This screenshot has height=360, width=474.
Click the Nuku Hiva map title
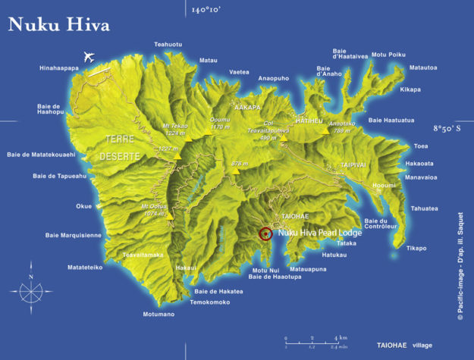coord(59,24)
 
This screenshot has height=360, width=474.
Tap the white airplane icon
coord(89,57)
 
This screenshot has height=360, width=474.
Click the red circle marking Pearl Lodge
coord(265,233)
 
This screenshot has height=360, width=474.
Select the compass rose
coord(30,288)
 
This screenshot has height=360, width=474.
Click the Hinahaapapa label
coord(59,68)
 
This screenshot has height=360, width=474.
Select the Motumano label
coord(159,314)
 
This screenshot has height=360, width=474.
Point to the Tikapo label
coord(416,248)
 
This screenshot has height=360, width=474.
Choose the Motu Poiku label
coord(388,55)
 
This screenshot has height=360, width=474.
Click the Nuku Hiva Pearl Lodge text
coord(319,233)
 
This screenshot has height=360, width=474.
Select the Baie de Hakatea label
coord(218,291)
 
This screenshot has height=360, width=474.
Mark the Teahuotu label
coord(168,45)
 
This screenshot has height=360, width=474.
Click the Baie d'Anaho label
coord(328,71)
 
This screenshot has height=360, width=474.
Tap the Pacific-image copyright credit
coord(460,266)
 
